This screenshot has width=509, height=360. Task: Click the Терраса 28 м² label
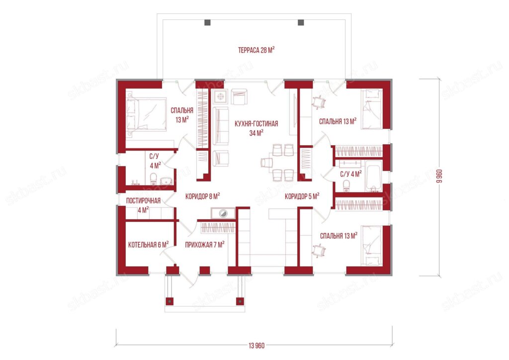[256, 50]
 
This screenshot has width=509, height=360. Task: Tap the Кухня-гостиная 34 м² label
[256, 128]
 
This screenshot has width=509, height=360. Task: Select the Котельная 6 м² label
[148, 245]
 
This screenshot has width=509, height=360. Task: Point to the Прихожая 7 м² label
[204, 245]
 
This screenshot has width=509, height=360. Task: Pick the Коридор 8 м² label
[203, 196]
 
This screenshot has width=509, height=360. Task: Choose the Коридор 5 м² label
[302, 196]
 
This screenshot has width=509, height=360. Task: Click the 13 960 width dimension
[256, 346]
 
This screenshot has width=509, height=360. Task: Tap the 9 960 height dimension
[439, 176]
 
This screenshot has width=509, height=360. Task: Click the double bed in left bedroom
[147, 114]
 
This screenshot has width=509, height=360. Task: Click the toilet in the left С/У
[153, 178]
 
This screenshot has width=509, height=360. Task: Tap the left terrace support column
[207, 22]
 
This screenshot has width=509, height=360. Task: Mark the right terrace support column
[301, 22]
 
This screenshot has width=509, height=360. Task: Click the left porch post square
[170, 301]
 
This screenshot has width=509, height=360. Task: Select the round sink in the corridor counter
[223, 213]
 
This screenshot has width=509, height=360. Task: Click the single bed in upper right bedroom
[372, 109]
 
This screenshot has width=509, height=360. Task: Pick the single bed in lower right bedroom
[372, 246]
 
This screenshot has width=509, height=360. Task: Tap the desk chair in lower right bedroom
[319, 250]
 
